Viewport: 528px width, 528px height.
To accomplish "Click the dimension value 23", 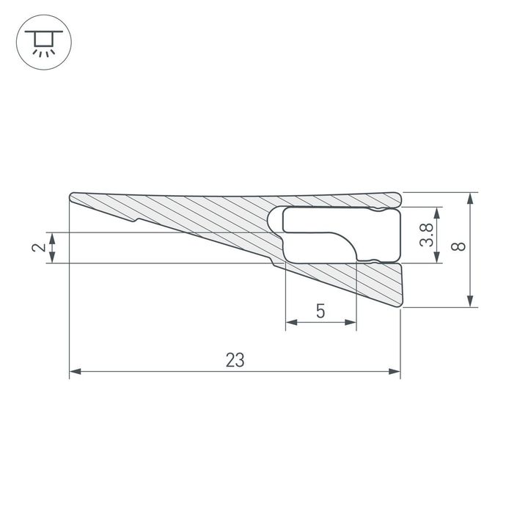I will (x=235, y=360).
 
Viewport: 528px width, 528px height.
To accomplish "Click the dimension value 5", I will (x=320, y=311).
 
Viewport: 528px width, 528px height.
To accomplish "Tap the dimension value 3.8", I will (x=425, y=235).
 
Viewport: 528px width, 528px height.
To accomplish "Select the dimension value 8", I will (x=459, y=247).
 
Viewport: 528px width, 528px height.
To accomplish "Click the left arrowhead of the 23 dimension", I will (x=74, y=373).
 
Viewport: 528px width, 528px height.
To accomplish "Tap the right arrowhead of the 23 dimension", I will (x=396, y=373).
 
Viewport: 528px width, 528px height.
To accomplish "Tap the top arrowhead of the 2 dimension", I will (x=53, y=237).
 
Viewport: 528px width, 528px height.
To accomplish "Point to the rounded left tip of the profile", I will (x=73, y=197).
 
